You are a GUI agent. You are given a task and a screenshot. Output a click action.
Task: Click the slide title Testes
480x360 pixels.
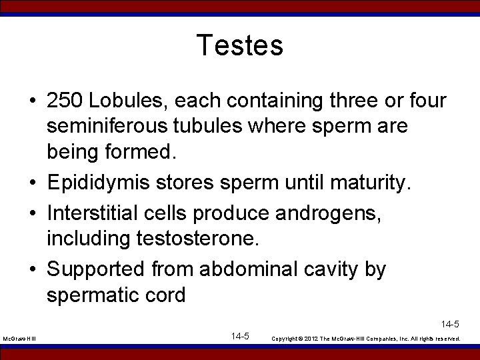[240, 46]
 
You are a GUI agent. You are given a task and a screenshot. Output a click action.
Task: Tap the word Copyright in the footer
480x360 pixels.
[287, 339]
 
